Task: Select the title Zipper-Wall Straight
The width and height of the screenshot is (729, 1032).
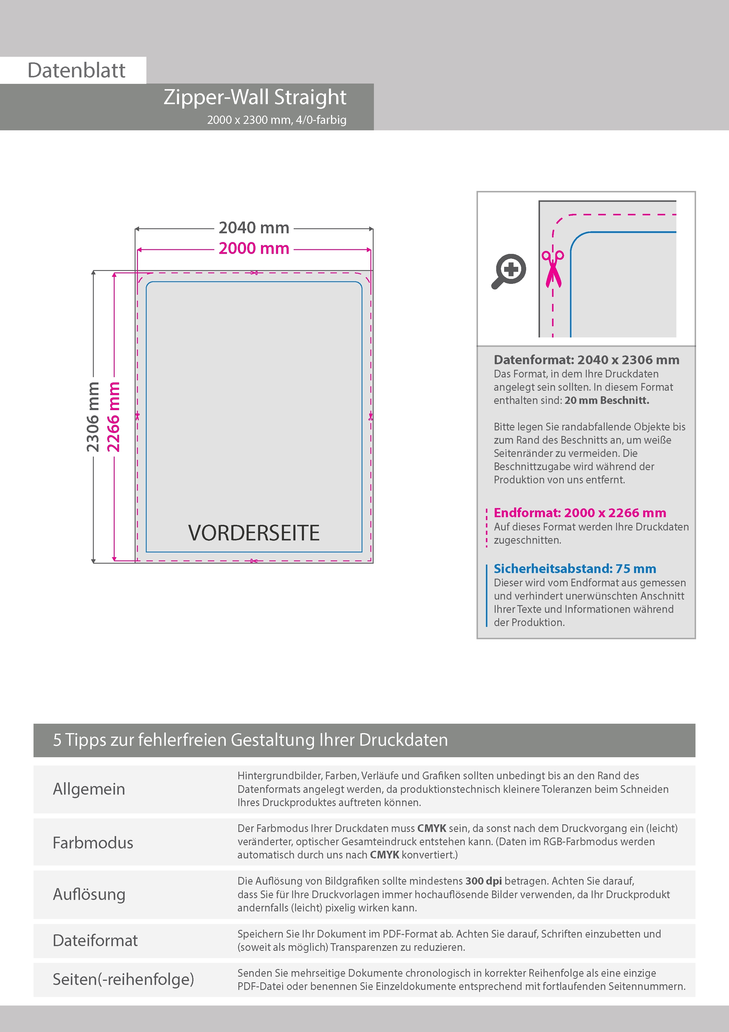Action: click(255, 97)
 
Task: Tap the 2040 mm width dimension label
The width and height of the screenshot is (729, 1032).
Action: click(254, 228)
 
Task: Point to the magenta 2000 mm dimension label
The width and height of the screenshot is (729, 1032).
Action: click(254, 249)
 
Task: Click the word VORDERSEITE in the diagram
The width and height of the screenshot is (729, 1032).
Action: click(254, 533)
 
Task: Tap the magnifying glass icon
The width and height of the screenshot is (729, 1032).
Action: click(509, 271)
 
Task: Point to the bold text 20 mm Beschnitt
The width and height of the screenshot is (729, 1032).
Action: click(607, 400)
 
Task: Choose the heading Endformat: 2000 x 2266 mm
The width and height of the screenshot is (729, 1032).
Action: click(579, 512)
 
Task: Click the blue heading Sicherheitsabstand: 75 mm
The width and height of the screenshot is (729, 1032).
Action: click(574, 569)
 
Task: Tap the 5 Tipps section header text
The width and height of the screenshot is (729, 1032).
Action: click(250, 740)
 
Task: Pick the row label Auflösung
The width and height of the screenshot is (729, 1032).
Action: click(89, 894)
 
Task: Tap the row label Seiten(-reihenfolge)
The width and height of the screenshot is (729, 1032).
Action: click(123, 979)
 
